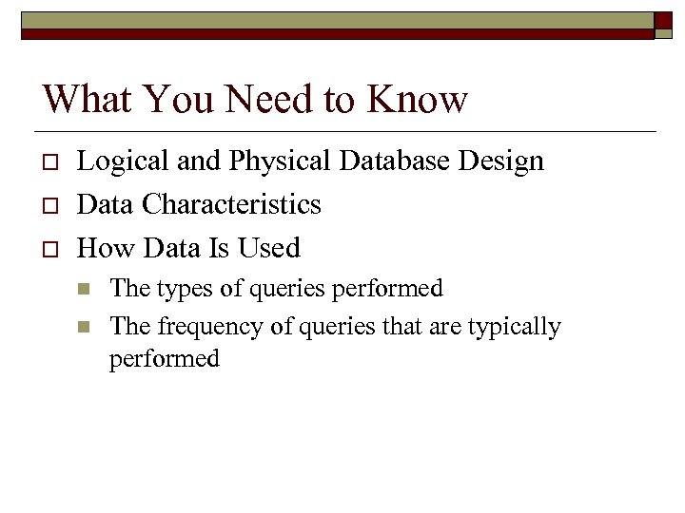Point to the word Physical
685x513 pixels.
pos(278,161)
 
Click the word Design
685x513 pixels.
pos(501,161)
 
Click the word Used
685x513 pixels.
pos(270,248)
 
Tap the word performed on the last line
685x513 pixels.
pos(165,359)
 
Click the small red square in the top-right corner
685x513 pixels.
pos(663,19)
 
